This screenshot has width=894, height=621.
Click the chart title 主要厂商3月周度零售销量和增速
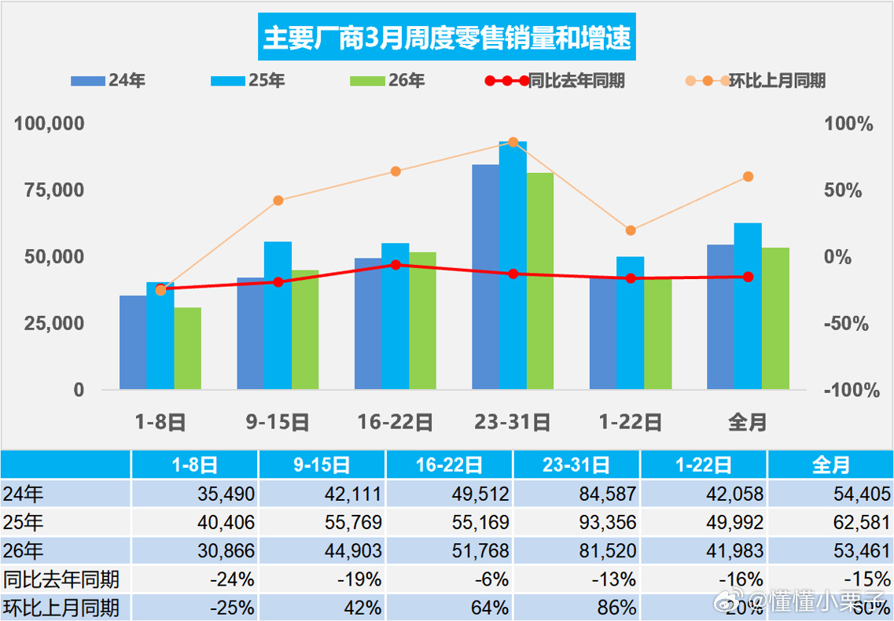(447, 39)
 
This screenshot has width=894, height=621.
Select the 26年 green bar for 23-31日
(540, 281)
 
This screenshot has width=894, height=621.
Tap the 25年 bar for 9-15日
(278, 314)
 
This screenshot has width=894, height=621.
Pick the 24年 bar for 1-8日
(133, 342)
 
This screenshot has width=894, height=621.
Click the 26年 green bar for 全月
(775, 318)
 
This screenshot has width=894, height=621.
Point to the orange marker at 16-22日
(395, 171)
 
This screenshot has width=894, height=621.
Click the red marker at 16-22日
(395, 265)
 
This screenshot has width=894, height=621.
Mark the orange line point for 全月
(748, 176)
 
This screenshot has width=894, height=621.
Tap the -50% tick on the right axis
(848, 324)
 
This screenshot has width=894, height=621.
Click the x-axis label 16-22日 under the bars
(395, 422)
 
